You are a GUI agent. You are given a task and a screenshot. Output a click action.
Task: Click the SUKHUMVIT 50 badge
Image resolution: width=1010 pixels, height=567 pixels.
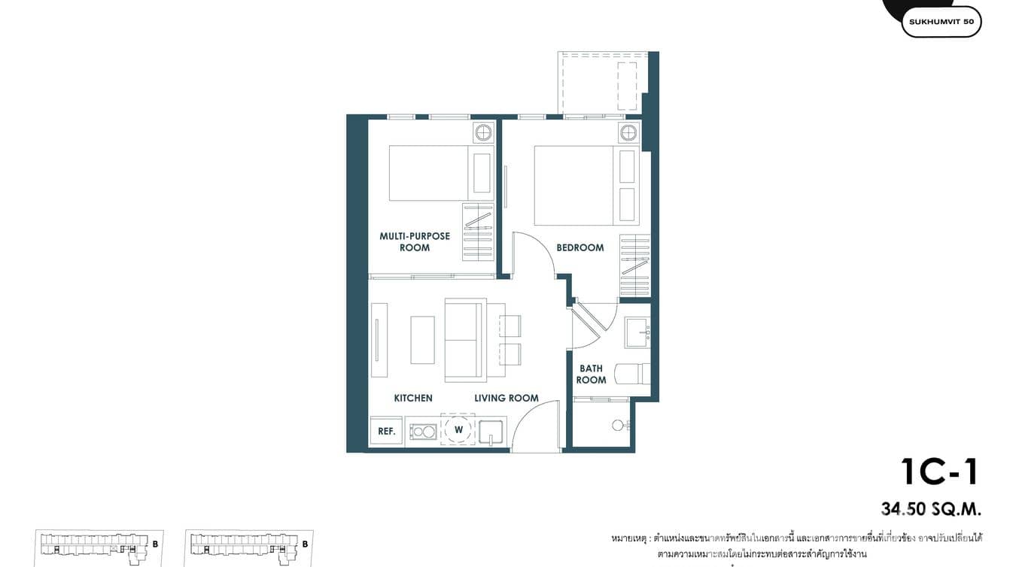[941, 22]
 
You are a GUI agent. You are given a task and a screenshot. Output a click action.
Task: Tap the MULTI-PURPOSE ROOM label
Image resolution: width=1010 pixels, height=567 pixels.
[415, 241]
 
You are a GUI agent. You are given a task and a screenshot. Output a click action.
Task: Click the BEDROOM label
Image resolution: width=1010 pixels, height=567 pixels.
[580, 247]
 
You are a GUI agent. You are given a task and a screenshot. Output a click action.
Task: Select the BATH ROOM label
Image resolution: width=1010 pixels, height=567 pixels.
[591, 374]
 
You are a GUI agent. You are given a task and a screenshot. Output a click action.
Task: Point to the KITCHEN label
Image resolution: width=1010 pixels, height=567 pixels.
[413, 398]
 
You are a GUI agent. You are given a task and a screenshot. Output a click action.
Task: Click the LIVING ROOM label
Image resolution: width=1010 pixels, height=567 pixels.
[506, 398]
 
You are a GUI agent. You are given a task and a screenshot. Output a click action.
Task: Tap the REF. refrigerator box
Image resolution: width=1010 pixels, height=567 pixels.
[387, 431]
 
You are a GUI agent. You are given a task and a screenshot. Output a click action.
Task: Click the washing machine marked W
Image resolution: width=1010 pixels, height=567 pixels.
[458, 430]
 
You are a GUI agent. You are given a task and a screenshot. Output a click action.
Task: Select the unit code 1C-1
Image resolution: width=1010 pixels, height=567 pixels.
[940, 471]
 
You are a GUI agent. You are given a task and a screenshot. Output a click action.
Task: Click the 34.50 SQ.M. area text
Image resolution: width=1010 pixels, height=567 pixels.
[932, 509]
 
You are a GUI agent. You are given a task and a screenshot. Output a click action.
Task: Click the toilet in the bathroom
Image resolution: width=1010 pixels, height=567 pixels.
[631, 374]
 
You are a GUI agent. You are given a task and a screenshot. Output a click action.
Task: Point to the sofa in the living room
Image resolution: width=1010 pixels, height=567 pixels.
[464, 340]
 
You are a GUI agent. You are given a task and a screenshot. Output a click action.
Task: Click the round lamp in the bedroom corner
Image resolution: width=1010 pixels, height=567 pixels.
[628, 134]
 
